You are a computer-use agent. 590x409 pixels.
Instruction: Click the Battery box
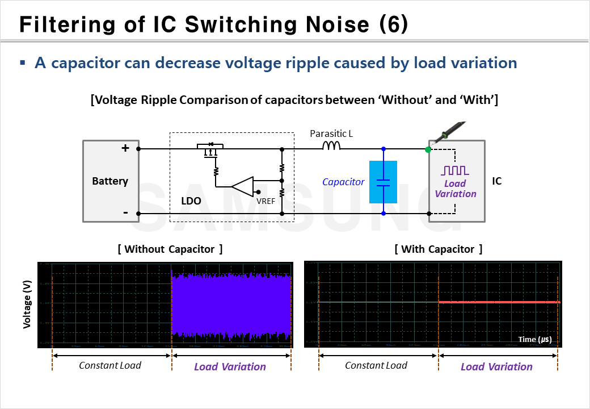[110, 181]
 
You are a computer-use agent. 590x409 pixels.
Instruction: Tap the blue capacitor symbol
[383, 182]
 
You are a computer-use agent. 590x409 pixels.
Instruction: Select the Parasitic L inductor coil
[331, 147]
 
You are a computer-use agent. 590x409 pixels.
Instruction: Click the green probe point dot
[428, 149]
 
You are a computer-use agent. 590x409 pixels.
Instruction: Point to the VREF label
[266, 200]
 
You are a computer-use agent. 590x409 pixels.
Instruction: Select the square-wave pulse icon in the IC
[455, 170]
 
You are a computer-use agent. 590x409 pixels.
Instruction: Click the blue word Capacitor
[343, 182]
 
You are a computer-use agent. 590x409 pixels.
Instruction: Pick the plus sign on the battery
[125, 148]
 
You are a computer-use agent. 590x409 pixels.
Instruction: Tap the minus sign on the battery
[125, 213]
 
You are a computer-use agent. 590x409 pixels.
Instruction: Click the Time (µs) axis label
[534, 339]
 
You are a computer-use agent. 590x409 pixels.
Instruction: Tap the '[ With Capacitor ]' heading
[438, 249]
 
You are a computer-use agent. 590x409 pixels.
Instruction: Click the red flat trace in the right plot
[499, 302]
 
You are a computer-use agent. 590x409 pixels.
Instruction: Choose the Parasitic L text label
[332, 134]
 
